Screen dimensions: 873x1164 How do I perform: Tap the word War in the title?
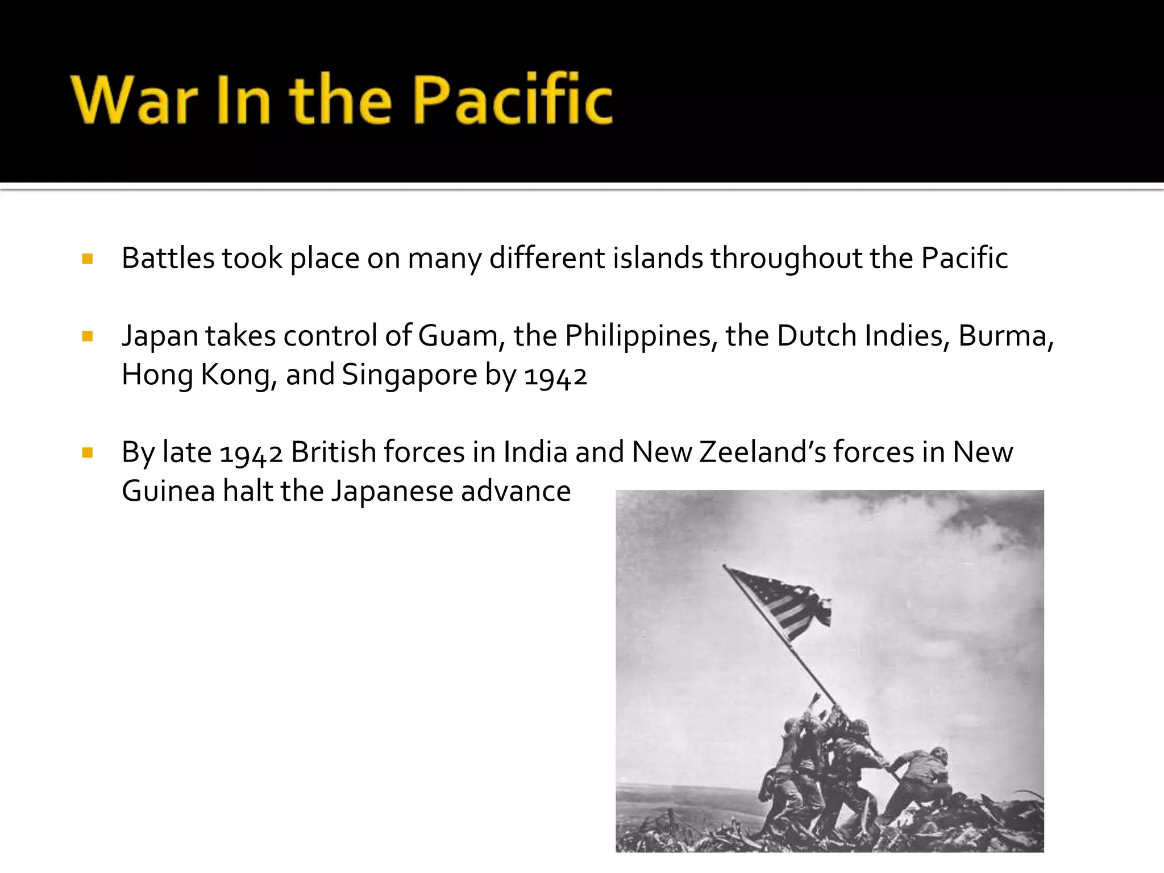134,101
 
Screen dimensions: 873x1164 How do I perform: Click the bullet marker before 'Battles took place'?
88,259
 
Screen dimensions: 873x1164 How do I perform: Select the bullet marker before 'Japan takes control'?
88,336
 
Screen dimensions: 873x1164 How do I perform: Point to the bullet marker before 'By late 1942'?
88,453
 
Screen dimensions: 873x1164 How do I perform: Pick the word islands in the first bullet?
658,259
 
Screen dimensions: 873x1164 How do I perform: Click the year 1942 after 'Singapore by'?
555,376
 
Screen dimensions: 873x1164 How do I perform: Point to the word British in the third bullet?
333,452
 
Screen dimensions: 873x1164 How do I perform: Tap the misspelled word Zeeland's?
763,452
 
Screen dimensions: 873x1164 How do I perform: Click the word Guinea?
168,491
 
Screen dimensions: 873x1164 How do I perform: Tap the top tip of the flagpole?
724,566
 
